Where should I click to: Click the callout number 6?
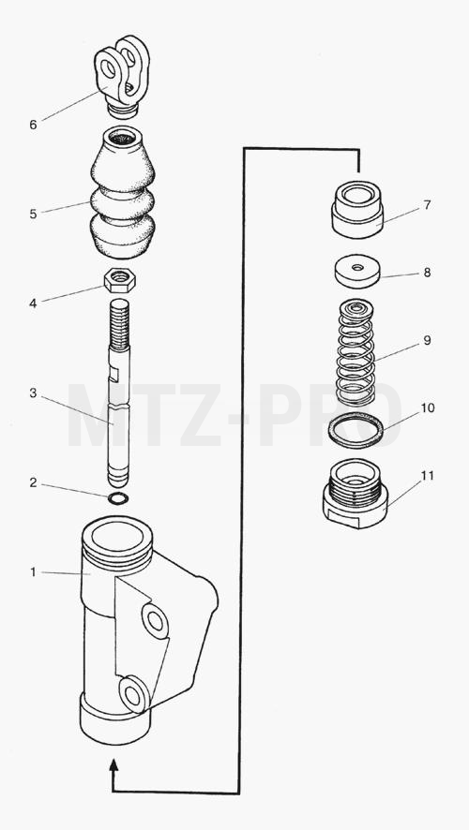[34, 125]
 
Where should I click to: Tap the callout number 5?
[34, 215]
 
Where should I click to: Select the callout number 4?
[34, 304]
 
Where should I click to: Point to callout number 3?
[34, 393]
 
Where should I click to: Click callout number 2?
[34, 482]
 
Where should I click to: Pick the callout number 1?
[34, 572]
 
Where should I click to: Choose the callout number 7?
[427, 205]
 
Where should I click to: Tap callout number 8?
[427, 273]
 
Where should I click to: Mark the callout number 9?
[427, 340]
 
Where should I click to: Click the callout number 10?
[428, 408]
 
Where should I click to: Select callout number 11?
[428, 476]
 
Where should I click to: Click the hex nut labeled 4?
[120, 280]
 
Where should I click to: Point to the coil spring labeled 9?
[356, 351]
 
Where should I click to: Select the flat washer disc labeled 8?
[357, 272]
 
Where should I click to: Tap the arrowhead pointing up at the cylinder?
[113, 765]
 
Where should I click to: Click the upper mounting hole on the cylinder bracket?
[155, 621]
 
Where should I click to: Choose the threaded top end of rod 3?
[119, 324]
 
